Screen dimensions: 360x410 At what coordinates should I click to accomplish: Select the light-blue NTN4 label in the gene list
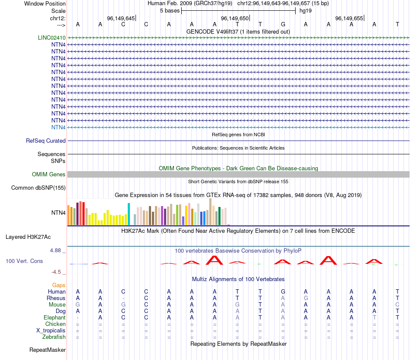[58, 127]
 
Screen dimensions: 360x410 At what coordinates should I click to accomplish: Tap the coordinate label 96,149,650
[235, 18]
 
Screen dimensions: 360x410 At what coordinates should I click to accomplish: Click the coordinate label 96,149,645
[121, 18]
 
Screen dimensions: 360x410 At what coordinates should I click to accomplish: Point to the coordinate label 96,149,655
[349, 18]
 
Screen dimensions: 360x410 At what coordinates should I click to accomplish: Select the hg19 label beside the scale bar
[306, 10]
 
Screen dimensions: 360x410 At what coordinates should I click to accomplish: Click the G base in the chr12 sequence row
[283, 25]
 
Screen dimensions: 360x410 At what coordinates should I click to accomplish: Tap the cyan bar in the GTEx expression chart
[129, 214]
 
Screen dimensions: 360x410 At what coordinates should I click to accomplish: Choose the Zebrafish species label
[54, 337]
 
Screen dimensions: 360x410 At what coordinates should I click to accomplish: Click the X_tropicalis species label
[51, 331]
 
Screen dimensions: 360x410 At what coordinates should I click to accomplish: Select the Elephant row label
[54, 317]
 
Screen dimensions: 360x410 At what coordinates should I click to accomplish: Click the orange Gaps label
[59, 285]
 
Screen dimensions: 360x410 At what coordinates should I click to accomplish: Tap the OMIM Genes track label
[49, 175]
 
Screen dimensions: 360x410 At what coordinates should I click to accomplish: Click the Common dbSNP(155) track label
[38, 188]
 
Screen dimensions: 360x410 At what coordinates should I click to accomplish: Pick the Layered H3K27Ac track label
[28, 237]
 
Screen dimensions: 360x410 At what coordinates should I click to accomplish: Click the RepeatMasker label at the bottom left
[47, 349]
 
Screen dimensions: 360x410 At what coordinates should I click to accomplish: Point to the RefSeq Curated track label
[46, 141]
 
